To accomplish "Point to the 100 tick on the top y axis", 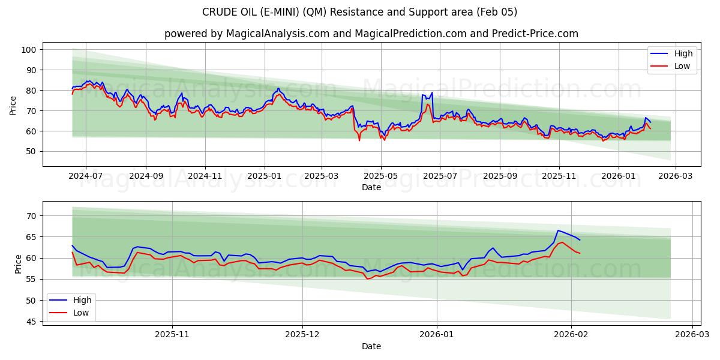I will (28, 50).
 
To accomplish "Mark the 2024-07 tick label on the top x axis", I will (85, 176).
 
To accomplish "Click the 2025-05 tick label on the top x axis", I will (381, 176).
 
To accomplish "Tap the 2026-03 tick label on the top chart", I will (676, 176).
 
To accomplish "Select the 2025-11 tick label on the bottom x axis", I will (172, 335).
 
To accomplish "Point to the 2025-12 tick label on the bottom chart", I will (302, 335).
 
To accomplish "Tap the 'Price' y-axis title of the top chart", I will (13, 106).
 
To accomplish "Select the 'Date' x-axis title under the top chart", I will (371, 187).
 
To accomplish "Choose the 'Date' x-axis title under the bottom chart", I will (371, 346).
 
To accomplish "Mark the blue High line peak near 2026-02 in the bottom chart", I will (558, 230).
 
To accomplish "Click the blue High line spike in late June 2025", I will (431, 93).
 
